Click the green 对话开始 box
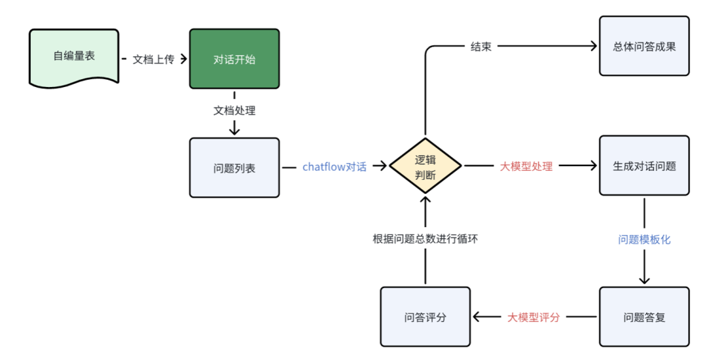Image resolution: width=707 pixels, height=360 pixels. tap(234, 59)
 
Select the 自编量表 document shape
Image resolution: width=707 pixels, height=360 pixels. tap(74, 56)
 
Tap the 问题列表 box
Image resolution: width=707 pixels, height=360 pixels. tap(234, 168)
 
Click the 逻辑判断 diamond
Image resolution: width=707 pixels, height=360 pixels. tap(426, 167)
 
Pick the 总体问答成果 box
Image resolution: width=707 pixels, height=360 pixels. tap(644, 46)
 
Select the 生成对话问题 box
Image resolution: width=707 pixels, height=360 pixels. tap(644, 166)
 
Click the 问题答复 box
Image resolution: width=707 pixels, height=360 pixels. tap(644, 317)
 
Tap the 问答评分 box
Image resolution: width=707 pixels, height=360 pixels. tap(426, 317)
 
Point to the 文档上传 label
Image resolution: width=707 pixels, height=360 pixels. tap(154, 59)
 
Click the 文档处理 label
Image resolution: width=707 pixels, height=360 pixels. tap(234, 111)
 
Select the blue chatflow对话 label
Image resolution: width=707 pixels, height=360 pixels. tap(335, 167)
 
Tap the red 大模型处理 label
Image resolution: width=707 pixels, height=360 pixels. tap(526, 167)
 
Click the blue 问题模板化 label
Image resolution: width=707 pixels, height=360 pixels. tap(644, 240)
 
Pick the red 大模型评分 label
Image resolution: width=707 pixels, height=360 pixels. tap(534, 317)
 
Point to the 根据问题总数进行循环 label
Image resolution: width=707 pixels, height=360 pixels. tap(426, 239)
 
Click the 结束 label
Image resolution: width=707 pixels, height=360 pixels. tap(481, 46)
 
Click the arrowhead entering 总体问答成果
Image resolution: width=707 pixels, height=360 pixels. tap(594, 46)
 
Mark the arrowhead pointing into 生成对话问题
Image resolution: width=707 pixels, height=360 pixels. tap(594, 166)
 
